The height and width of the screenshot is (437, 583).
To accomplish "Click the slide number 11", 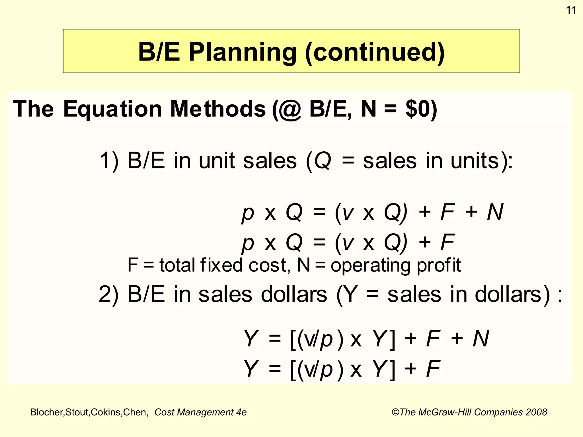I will pos(571,10).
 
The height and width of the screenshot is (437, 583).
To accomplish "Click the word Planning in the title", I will pos(243,52).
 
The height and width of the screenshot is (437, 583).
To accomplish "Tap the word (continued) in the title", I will pos(375,52).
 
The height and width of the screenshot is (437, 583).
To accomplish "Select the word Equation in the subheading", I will pos(112,109).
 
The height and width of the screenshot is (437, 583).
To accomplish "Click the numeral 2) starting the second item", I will pos(108,294).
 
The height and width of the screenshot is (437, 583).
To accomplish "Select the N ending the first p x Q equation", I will pos(495,212).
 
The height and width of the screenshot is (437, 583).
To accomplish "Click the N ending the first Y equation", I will pos(481,339).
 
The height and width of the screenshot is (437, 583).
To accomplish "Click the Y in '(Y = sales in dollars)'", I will pos(350,294).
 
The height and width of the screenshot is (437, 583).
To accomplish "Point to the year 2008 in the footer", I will pos(536,412).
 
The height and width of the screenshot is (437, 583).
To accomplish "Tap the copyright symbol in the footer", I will pos(395,412).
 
